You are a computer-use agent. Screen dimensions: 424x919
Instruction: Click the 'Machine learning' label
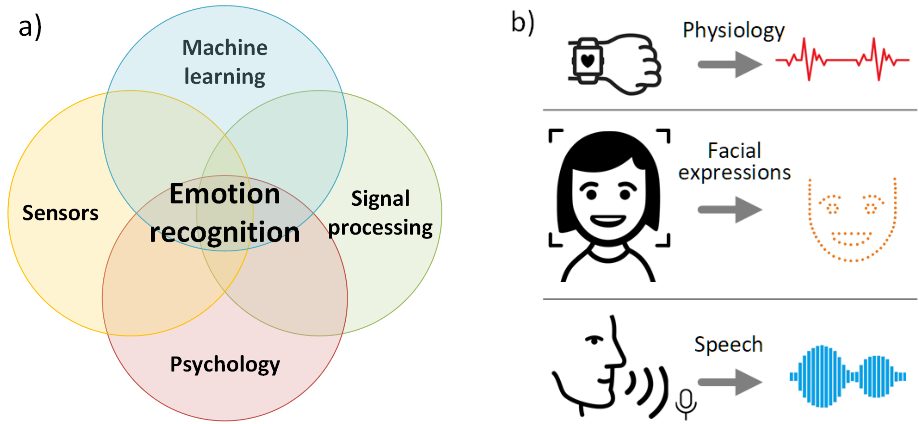point(225,62)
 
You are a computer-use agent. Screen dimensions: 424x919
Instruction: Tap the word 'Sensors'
point(60,213)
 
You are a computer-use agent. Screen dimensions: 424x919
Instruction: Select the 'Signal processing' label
point(380,214)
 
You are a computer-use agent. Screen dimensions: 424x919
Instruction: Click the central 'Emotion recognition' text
point(225,213)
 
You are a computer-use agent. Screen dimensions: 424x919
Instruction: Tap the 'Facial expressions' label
point(734,161)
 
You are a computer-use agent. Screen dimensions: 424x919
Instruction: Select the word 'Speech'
point(728,345)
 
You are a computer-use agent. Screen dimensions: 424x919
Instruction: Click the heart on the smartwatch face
point(587,60)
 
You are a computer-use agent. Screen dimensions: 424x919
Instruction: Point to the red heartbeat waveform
point(842,60)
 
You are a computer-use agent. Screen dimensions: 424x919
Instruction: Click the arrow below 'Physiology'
point(729,64)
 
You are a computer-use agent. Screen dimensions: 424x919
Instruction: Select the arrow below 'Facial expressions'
point(729,210)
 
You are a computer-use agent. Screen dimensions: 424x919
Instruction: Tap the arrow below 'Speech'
point(729,382)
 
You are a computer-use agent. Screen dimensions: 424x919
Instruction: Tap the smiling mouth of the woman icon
point(608,220)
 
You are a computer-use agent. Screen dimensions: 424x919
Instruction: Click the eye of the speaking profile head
point(594,340)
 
